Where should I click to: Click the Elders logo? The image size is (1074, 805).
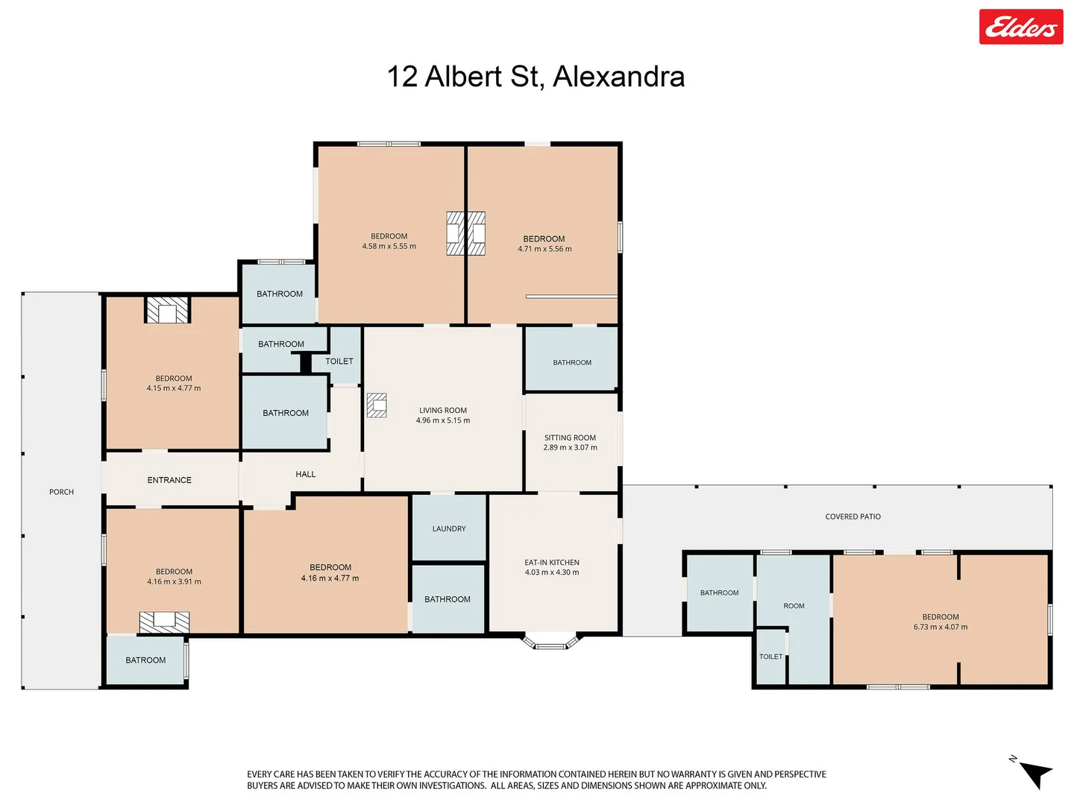(1020, 28)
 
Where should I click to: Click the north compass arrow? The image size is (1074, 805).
(1034, 774)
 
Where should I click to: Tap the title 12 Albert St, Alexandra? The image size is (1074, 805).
(536, 77)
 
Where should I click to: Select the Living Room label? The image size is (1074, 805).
(443, 410)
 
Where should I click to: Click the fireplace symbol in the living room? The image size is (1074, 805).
(377, 405)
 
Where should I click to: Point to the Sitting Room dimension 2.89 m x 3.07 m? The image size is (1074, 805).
(570, 448)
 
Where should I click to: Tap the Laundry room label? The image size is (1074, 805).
(449, 528)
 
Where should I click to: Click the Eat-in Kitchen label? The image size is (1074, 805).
(552, 563)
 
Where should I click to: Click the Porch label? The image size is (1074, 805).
(61, 492)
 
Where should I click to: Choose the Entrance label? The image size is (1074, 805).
(169, 480)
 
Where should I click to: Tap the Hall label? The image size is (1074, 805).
(306, 474)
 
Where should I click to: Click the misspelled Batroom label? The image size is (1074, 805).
(145, 660)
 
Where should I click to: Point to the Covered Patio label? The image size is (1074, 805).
(852, 517)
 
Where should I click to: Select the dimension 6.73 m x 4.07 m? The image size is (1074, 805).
(940, 628)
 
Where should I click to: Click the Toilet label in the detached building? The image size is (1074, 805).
(770, 657)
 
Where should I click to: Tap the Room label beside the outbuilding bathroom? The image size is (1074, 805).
(794, 606)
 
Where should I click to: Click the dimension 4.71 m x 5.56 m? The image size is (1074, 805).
(544, 249)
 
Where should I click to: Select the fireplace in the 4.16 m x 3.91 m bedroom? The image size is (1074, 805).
(164, 622)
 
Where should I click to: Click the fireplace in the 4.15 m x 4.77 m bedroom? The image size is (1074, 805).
(167, 311)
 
